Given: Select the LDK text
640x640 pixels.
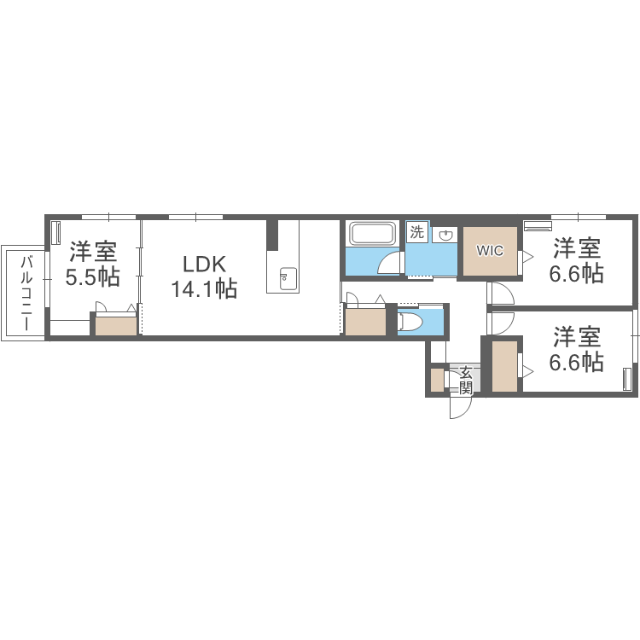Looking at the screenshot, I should pyautogui.click(x=203, y=263).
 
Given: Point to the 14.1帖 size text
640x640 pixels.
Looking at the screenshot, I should pyautogui.click(x=203, y=289).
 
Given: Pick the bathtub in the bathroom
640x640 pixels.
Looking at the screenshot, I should pyautogui.click(x=372, y=235).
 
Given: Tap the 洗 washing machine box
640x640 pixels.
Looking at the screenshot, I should pyautogui.click(x=416, y=232).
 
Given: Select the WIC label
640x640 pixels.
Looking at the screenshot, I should pyautogui.click(x=490, y=251).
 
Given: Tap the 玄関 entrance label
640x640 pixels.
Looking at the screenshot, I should pyautogui.click(x=466, y=380).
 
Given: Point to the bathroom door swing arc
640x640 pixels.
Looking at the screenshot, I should pyautogui.click(x=390, y=262).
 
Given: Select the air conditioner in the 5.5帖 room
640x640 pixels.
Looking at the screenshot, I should pyautogui.click(x=56, y=233).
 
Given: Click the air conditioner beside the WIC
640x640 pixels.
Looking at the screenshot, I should pyautogui.click(x=538, y=226).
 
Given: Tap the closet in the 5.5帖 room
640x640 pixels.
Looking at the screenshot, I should pyautogui.click(x=115, y=326).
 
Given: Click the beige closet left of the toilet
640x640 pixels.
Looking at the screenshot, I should pyautogui.click(x=365, y=321).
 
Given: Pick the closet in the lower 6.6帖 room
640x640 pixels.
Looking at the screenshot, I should pyautogui.click(x=504, y=366).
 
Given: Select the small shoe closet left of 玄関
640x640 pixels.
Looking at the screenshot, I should pyautogui.click(x=437, y=381).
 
